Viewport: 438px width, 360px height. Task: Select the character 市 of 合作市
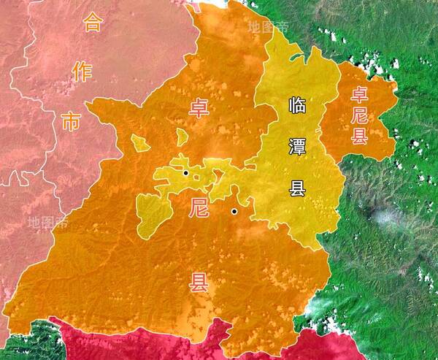[71, 121]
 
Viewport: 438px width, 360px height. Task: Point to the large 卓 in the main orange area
[199, 109]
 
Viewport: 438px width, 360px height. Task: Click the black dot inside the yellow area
[186, 173]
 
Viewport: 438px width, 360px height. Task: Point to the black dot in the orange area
[234, 212]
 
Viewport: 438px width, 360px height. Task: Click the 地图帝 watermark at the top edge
[268, 27]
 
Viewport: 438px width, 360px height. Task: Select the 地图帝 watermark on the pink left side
[47, 221]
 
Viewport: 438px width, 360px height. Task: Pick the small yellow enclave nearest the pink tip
[140, 142]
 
